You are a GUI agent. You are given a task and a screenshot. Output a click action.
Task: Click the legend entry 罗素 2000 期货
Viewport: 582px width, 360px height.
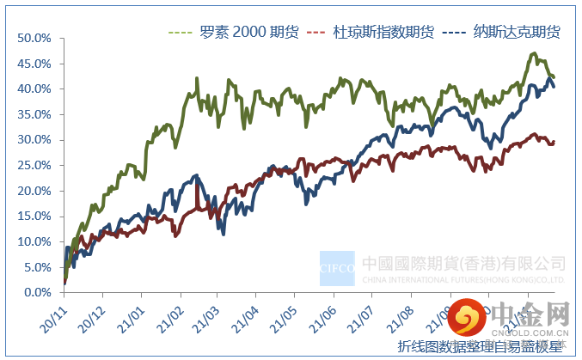[243, 32]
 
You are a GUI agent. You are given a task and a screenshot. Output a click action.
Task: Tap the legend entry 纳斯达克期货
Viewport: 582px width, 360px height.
[517, 32]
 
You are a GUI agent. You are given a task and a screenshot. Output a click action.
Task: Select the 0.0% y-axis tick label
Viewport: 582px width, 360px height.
[37, 292]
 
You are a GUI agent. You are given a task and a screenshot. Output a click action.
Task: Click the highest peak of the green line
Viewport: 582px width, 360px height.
[533, 54]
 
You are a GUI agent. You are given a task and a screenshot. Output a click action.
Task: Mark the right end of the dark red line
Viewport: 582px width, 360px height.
[554, 142]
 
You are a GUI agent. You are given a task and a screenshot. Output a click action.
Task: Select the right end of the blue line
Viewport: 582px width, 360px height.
[554, 86]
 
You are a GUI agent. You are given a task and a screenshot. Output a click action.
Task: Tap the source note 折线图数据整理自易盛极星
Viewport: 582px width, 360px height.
[480, 346]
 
